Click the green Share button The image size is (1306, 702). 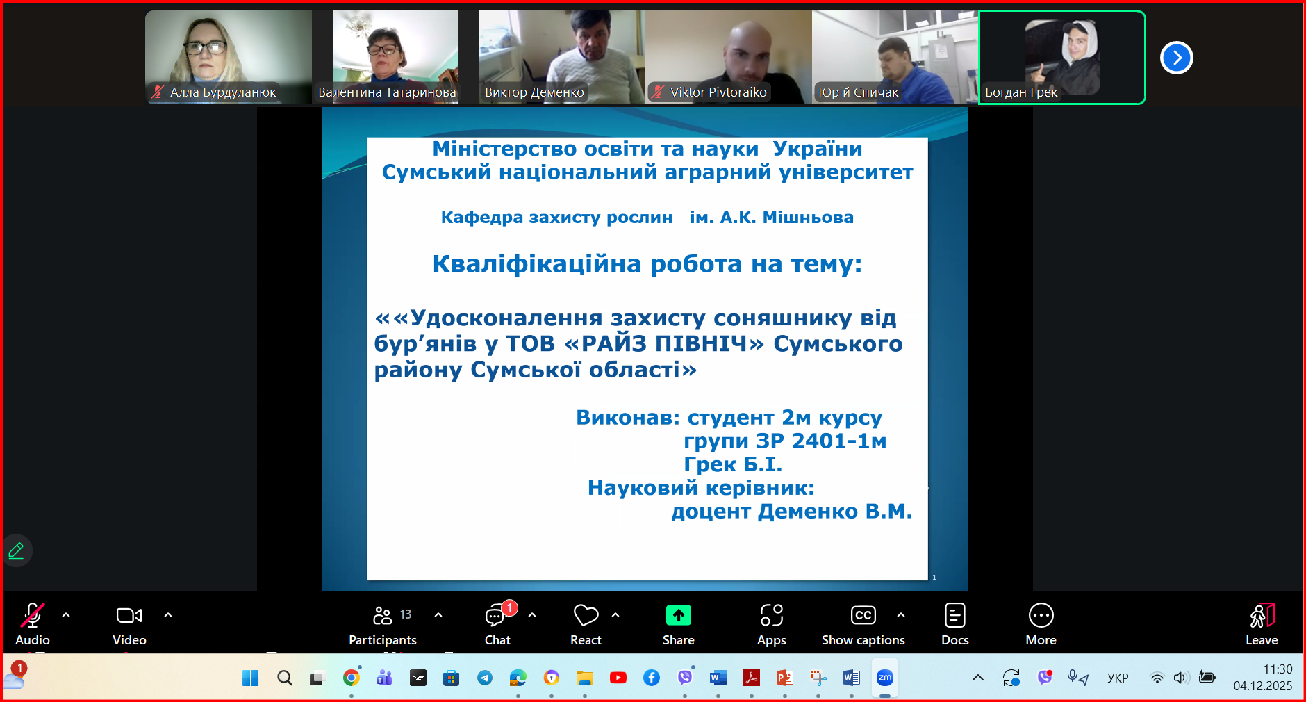pos(678,615)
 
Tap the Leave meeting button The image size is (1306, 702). pos(1262,615)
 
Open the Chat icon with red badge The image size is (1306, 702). pos(496,615)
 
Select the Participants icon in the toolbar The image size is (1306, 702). pos(383,615)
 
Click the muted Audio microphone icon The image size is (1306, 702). pos(32,615)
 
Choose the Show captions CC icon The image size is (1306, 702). pos(863,615)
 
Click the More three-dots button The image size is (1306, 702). pos(1041,615)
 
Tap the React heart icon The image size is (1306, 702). pos(586,615)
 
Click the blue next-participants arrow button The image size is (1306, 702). pos(1176,58)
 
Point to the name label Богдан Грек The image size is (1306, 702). pos(1020,92)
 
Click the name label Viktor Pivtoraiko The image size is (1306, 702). pos(718,92)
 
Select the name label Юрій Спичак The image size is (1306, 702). pos(858,92)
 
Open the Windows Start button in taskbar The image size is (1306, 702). pos(250,678)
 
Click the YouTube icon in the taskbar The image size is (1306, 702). pos(618,678)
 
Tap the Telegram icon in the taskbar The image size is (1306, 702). pos(484,678)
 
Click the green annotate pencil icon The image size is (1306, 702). pos(16,551)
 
